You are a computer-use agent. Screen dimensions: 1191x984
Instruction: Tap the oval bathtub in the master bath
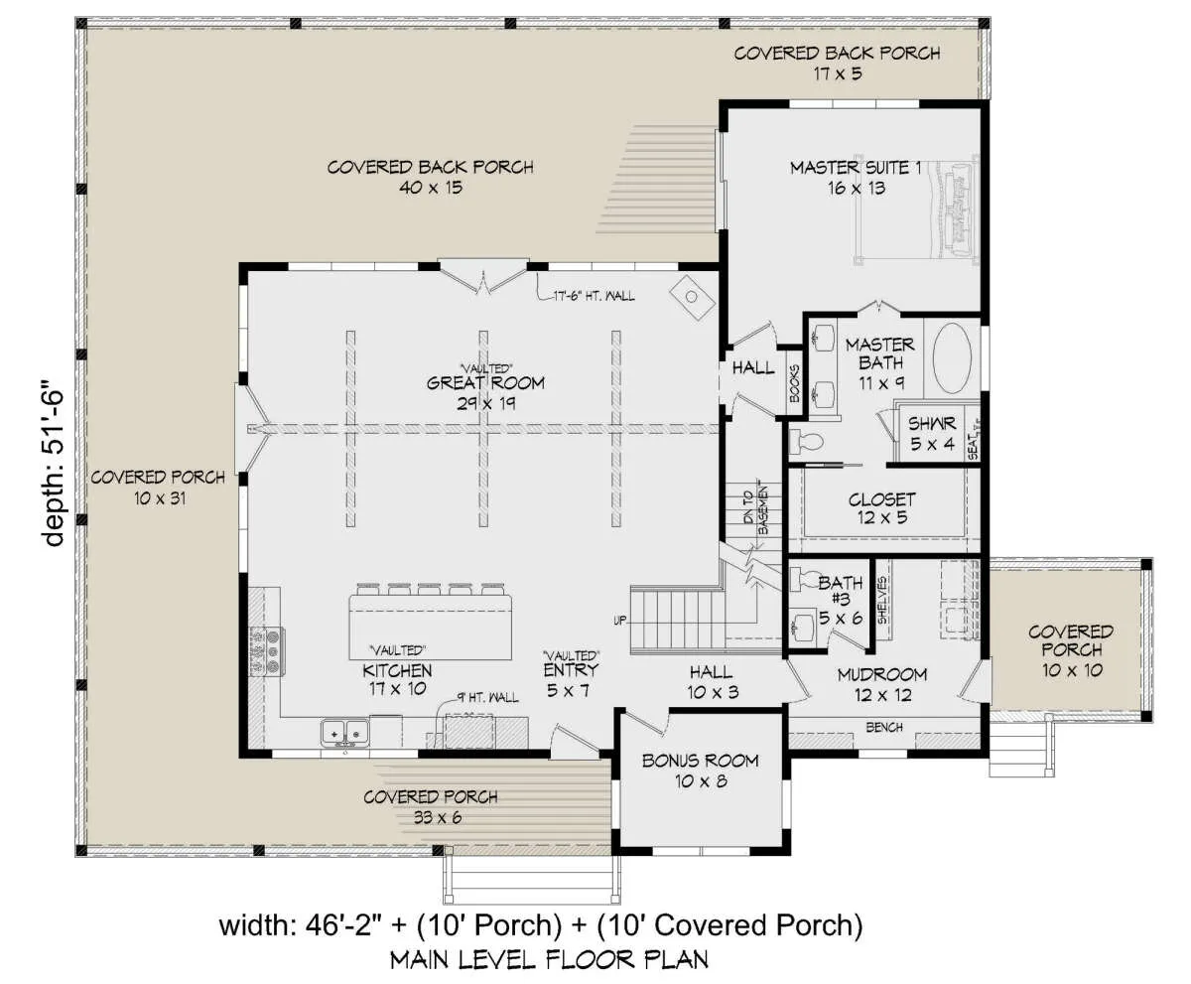click(952, 357)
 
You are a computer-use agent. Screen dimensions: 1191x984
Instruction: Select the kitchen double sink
click(344, 733)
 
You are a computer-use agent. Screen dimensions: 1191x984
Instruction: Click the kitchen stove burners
click(267, 651)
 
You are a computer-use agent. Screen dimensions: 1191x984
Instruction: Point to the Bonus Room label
click(701, 771)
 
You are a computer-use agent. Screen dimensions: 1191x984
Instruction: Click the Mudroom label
click(882, 684)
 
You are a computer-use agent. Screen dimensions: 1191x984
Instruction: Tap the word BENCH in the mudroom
click(884, 727)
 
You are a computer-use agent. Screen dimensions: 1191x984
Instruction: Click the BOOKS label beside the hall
click(795, 383)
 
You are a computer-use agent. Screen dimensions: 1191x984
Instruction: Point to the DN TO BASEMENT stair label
click(755, 510)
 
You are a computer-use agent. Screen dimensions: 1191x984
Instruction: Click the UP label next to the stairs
click(620, 621)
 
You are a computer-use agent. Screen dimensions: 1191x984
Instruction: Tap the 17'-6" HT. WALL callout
click(594, 296)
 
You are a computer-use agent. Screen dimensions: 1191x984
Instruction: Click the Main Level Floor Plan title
click(549, 959)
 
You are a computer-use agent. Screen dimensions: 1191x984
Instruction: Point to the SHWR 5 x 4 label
click(932, 433)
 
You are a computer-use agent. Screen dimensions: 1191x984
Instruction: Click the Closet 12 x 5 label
click(882, 508)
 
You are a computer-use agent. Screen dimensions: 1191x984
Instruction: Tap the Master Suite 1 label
click(857, 178)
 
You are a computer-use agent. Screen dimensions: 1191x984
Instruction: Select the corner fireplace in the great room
click(692, 297)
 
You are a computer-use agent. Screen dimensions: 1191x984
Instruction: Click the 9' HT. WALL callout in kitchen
click(488, 697)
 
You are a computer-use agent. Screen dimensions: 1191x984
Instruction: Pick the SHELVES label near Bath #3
click(882, 600)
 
